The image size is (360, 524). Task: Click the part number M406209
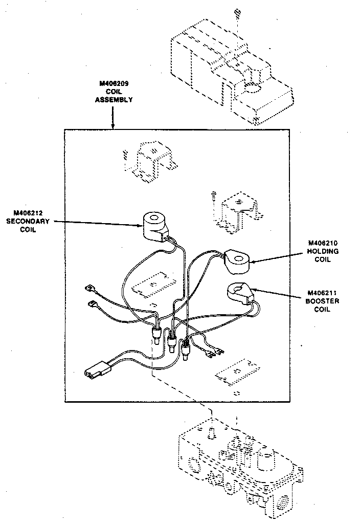coord(113,83)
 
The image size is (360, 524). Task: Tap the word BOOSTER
coord(323,301)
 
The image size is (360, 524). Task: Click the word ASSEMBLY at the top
coord(114,100)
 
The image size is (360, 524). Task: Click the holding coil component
coord(236,260)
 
